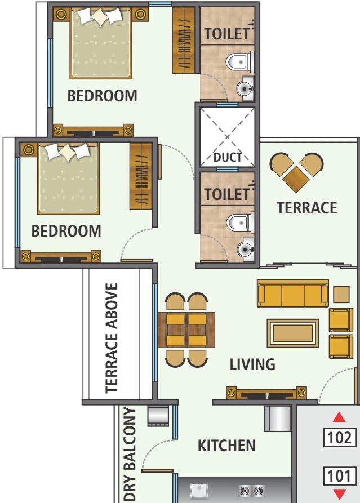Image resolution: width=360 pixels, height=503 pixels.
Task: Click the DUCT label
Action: [227, 157]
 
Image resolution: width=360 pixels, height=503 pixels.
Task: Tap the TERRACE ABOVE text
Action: [112, 337]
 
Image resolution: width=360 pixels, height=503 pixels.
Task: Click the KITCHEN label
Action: [226, 446]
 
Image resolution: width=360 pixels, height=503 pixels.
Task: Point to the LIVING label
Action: [252, 364]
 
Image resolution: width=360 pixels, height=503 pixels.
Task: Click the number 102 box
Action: [340, 437]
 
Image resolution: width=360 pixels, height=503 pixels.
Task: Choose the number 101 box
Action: [340, 476]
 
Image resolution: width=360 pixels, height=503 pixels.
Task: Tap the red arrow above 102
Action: [339, 417]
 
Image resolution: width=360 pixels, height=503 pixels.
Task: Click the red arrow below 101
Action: [339, 494]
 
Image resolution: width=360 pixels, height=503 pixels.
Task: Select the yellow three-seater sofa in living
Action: [292, 293]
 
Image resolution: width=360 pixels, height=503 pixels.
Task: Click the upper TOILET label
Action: [226, 34]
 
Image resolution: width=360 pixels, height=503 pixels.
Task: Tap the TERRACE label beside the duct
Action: [307, 208]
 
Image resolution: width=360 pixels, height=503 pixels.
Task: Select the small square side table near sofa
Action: [341, 294]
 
